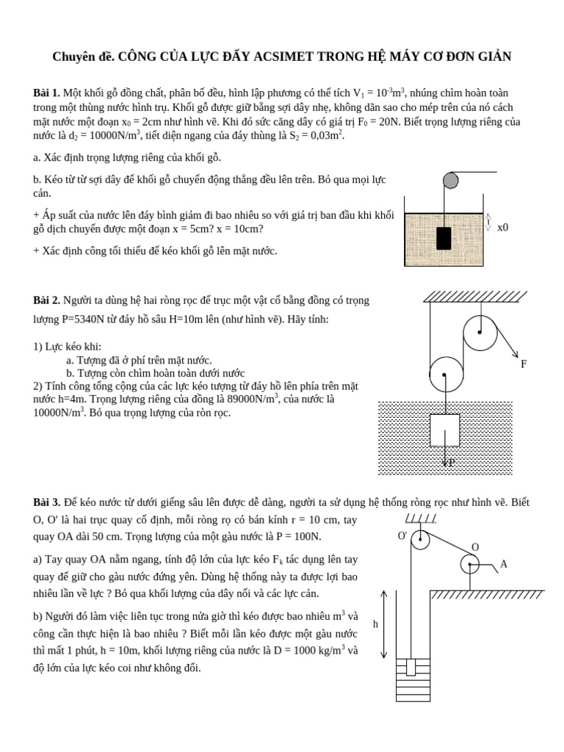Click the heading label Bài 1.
[46, 93]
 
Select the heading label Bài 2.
[46, 300]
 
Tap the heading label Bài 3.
[46, 502]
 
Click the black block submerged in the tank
[444, 238]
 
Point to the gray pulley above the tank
[450, 180]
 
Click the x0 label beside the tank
[502, 228]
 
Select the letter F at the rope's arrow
[523, 364]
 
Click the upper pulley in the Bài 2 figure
[480, 332]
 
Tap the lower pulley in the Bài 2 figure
[446, 375]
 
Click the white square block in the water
[444, 430]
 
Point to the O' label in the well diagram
[402, 536]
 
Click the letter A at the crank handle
[503, 564]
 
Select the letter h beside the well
[375, 624]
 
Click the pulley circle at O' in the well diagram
[420, 540]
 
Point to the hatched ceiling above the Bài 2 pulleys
[474, 296]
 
